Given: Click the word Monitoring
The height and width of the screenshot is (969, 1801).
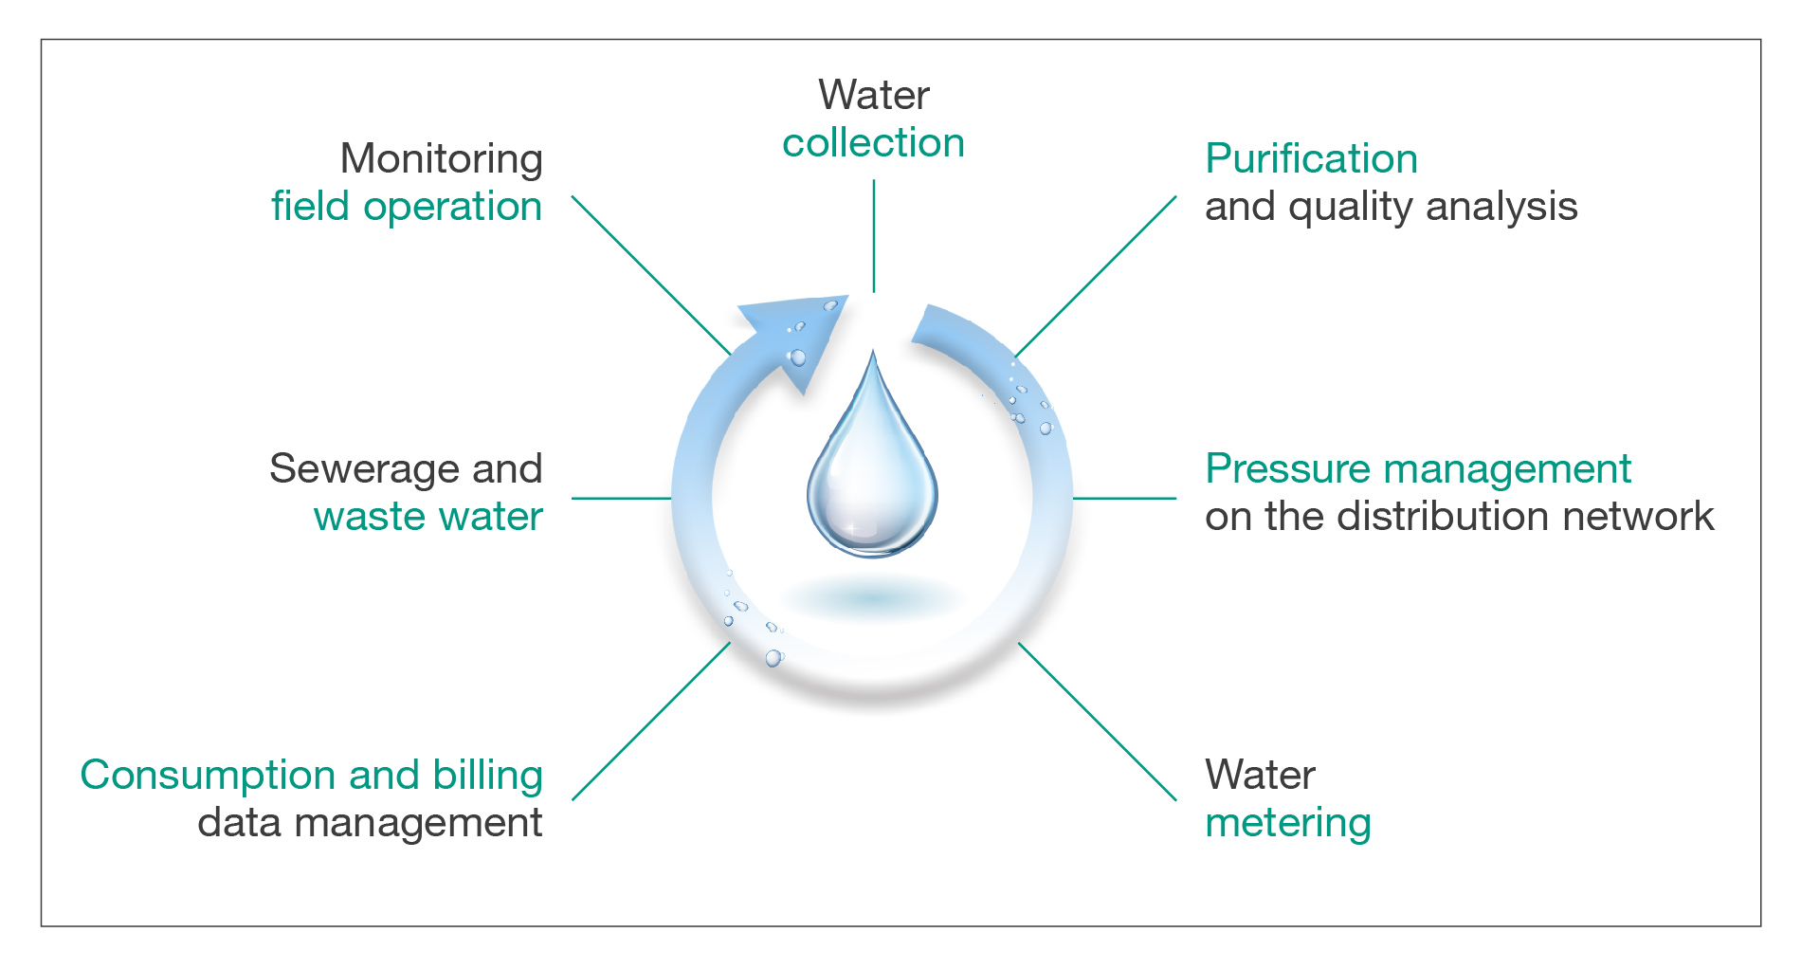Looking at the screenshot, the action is click(442, 160).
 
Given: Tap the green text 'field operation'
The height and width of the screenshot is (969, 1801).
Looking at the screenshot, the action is click(407, 207).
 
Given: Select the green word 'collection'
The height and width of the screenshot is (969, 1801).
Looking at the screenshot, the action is click(873, 143).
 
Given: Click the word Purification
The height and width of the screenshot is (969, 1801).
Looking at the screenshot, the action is click(1311, 159).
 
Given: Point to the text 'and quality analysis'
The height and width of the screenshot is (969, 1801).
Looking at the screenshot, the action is click(1391, 207).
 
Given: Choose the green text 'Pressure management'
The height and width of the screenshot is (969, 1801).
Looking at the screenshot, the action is click(1418, 469).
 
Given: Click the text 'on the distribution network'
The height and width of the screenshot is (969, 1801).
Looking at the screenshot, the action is click(1459, 517).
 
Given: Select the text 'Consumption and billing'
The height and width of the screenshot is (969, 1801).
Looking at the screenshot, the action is click(312, 776).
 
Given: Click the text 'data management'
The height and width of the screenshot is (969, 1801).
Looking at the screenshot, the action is click(370, 823).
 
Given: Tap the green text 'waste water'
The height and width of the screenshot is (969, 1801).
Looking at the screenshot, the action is click(428, 517).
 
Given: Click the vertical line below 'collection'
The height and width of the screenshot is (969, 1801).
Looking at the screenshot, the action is click(874, 236).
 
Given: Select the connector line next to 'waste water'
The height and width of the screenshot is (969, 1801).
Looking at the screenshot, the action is click(622, 498).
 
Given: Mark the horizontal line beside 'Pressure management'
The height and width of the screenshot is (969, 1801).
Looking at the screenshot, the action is click(1124, 498).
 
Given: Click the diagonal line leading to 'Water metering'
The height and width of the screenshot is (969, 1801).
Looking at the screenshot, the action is click(1098, 722).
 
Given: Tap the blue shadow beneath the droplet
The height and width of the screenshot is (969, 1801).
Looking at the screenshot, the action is click(872, 598).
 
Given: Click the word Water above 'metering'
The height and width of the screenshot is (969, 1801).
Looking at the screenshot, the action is click(1260, 776).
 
